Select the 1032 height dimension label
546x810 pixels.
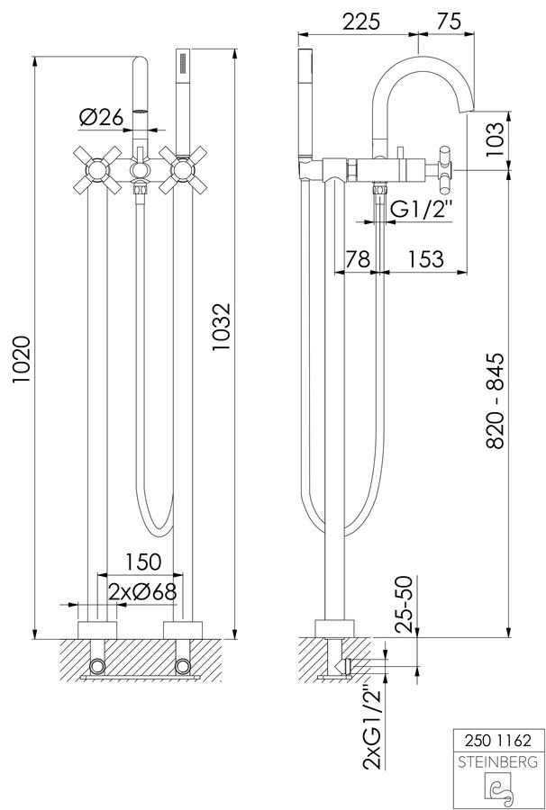point(222,328)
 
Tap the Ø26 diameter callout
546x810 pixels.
point(101,117)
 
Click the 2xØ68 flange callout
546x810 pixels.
point(142,592)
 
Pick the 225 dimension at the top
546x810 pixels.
point(361,22)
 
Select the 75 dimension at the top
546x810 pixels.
point(448,22)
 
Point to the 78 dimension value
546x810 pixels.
point(359,259)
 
